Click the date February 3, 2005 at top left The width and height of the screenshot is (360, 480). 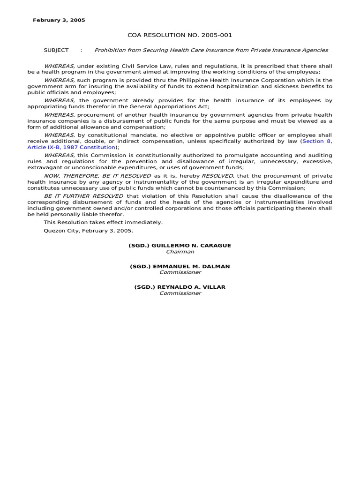point(59,20)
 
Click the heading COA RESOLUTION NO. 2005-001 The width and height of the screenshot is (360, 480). point(180,35)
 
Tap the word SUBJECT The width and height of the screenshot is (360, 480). point(56,50)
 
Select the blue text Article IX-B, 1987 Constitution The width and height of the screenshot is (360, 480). point(71,147)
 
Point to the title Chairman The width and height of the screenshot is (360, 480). point(180,252)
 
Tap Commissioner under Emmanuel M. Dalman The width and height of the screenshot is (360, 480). point(180,272)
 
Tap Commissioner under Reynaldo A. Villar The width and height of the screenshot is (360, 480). point(180,293)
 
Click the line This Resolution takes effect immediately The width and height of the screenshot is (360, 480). point(103,222)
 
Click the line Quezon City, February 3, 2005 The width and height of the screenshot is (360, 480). point(89,231)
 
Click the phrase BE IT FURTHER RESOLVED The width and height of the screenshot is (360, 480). point(84,196)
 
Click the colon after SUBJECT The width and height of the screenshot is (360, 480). point(82,50)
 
